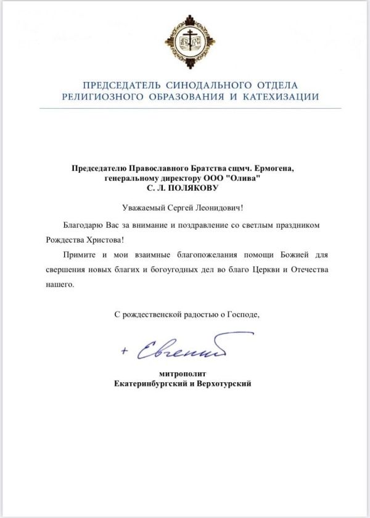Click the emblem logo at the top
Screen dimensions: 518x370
(x=190, y=43)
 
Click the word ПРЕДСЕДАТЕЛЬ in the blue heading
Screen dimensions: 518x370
(x=116, y=85)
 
